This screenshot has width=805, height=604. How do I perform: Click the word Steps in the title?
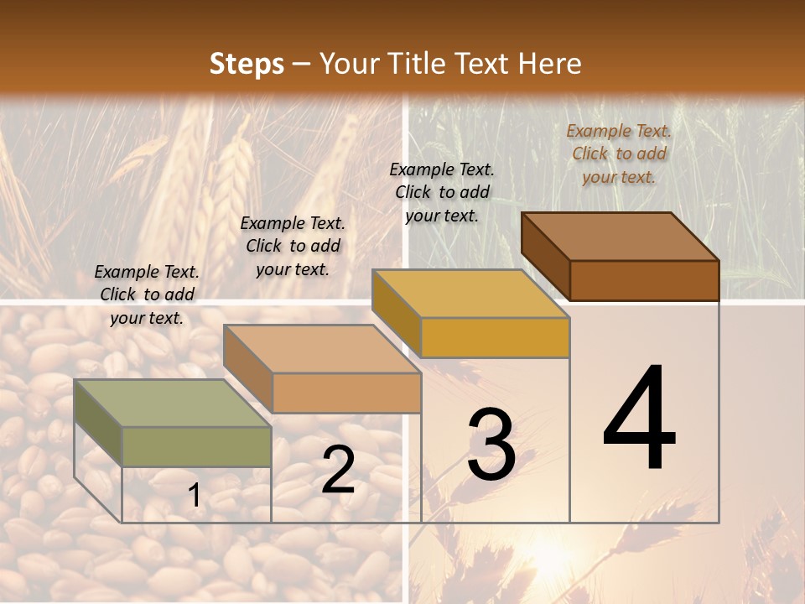tap(247, 64)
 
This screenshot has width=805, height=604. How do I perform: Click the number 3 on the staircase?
tap(491, 445)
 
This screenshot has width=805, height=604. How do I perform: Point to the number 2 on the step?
tap(338, 471)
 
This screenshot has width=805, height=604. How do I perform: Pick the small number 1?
tap(195, 496)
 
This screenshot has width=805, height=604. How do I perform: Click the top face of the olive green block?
tap(172, 404)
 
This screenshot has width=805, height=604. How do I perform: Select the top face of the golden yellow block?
tap(470, 294)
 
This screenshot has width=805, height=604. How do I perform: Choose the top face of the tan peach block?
tap(322, 349)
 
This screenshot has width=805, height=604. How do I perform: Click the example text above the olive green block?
tap(147, 295)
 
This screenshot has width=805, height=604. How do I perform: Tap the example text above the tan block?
tap(293, 247)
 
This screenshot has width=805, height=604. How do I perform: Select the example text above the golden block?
tap(442, 192)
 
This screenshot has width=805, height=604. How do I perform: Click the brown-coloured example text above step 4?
tap(619, 154)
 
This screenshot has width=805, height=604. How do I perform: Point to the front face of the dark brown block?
tap(644, 280)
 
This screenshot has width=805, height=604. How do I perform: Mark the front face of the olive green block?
tap(196, 446)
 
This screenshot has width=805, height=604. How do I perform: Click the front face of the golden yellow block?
tap(495, 337)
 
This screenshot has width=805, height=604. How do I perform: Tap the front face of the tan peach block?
tap(346, 393)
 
